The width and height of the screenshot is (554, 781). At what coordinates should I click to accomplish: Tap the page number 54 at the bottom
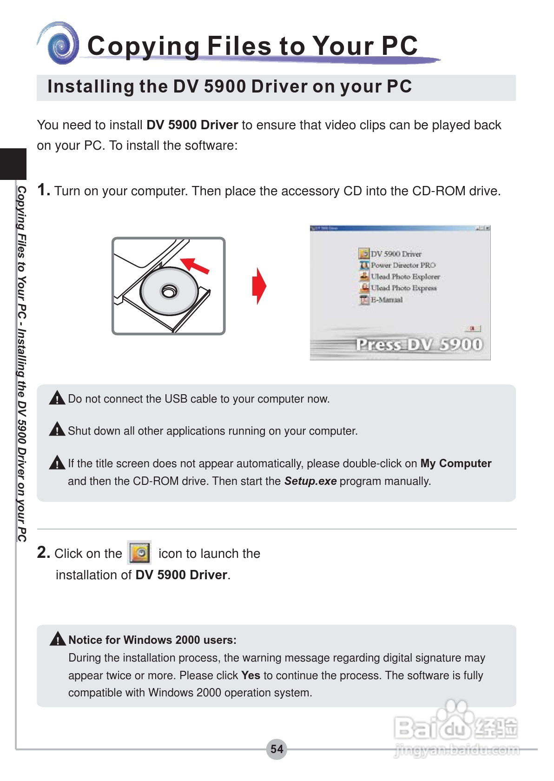(277, 749)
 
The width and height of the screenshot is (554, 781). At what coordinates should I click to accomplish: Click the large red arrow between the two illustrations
(259, 286)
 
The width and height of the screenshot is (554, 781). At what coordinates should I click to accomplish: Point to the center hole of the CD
(169, 291)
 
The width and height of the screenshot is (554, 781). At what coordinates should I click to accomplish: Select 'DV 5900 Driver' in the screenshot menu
(396, 254)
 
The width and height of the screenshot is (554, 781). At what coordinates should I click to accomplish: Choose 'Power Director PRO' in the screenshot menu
(402, 265)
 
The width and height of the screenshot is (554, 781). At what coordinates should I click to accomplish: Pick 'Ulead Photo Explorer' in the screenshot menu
(405, 277)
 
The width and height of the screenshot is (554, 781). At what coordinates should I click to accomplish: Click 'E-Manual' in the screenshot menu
(386, 300)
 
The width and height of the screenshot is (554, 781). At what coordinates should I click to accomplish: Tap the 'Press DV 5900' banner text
(419, 344)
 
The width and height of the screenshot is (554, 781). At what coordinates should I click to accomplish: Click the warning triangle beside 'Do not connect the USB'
(57, 398)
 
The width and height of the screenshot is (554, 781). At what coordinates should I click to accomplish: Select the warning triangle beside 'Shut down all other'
(57, 430)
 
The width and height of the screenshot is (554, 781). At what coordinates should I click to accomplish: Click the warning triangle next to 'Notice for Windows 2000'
(58, 639)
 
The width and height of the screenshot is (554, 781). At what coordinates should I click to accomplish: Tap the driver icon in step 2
(139, 553)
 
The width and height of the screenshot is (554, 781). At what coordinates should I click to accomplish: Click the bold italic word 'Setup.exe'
(310, 481)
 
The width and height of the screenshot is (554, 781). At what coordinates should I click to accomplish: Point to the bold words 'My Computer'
(455, 463)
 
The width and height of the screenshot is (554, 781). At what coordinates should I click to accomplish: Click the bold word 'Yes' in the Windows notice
(251, 675)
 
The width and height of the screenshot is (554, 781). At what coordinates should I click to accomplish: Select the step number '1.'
(44, 190)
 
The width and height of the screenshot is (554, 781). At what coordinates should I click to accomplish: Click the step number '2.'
(44, 553)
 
